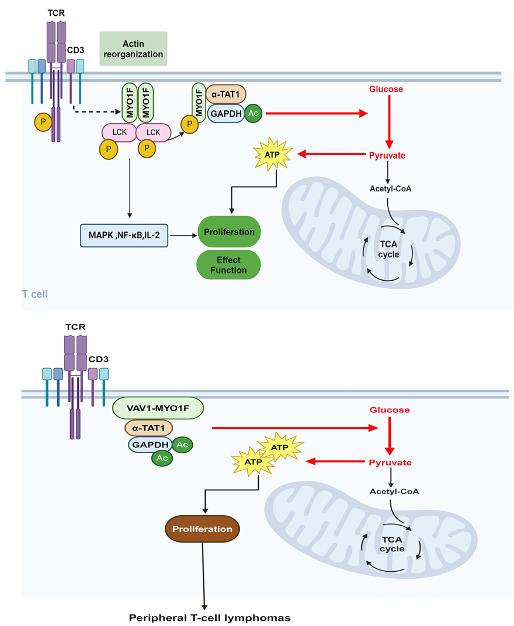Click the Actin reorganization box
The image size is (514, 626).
point(134,48)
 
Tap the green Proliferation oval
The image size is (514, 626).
point(229,232)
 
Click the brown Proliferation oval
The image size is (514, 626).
point(202,529)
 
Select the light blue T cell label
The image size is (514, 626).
point(35,294)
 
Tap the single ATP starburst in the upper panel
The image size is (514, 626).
point(274,155)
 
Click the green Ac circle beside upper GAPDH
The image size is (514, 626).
point(253,113)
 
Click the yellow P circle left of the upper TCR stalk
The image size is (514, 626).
point(43,123)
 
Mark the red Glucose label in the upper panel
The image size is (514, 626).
point(386,89)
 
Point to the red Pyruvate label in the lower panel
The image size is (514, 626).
point(390,463)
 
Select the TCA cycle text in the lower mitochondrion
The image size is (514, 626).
point(392,544)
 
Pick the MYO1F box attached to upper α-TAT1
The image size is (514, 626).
point(199,100)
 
